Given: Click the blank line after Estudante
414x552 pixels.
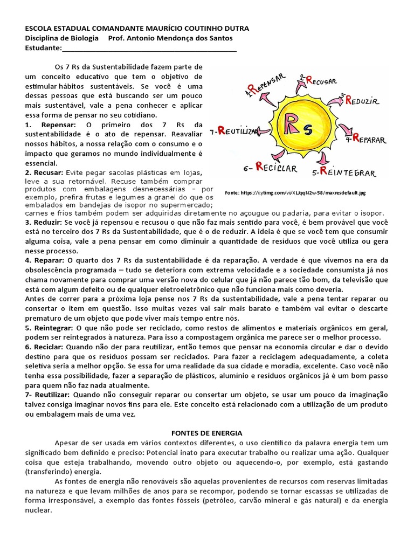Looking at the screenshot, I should (149, 49).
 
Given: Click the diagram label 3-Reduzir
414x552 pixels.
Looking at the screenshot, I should (362, 100).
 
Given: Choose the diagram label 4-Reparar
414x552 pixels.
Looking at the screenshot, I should (366, 140).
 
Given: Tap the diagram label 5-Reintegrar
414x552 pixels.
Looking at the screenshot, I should (347, 172).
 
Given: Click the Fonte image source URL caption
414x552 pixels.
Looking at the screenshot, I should (295, 192).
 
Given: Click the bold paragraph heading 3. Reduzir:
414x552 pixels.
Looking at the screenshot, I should (43, 222).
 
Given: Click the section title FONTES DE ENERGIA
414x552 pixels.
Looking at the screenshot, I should (207, 433).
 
